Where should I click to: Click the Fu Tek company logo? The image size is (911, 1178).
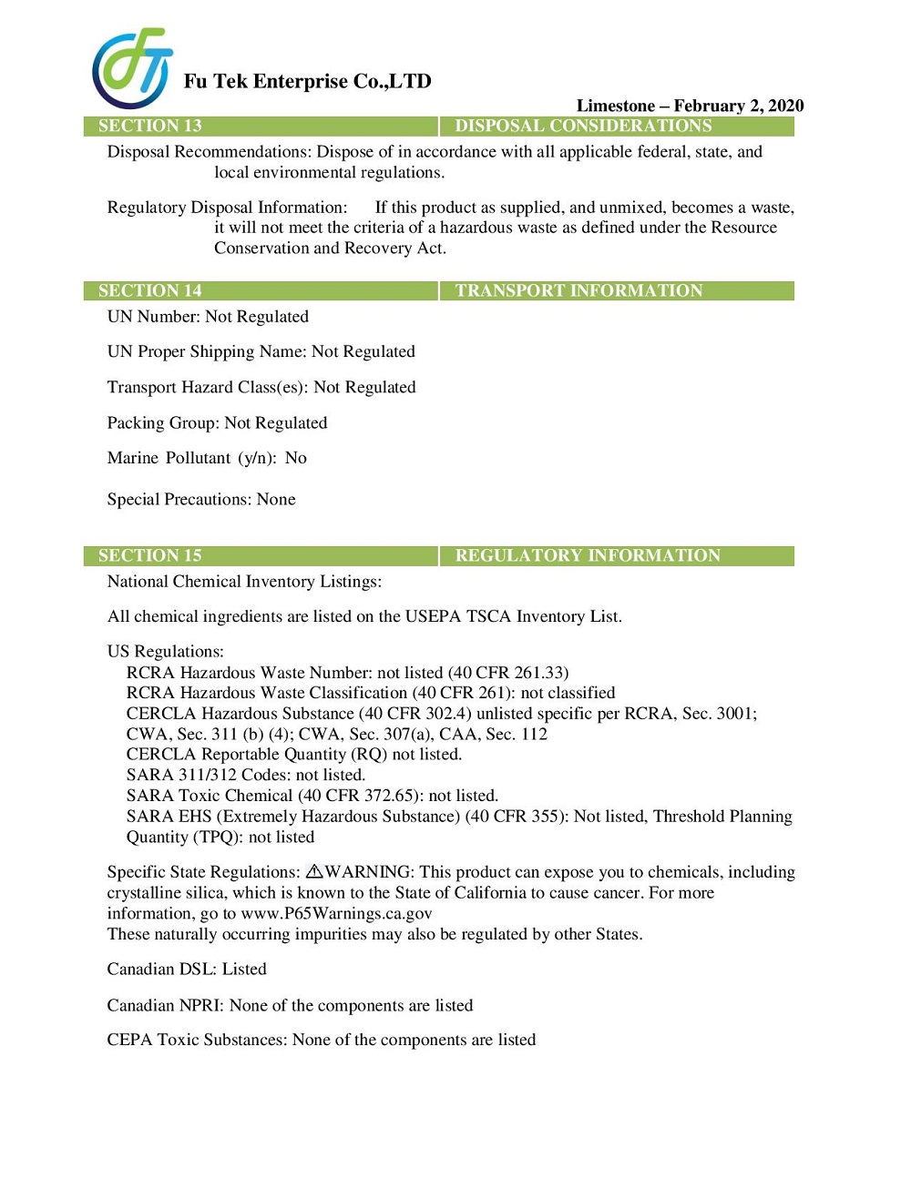132,68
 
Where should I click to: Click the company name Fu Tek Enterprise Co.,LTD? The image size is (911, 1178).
307,82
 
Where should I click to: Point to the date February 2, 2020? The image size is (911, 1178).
739,106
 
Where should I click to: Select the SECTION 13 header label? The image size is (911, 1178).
150,127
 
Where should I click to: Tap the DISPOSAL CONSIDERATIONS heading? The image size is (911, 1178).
583,127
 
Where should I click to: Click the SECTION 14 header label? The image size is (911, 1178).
150,291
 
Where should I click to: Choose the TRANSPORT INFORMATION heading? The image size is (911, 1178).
578,291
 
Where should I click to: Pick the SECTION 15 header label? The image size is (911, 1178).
150,556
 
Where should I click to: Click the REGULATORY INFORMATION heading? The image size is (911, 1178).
588,556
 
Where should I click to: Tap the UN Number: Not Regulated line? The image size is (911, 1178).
208,317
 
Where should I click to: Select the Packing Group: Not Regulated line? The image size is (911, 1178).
217,423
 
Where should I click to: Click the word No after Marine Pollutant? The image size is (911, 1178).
296,458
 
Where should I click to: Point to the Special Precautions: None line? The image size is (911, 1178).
201,500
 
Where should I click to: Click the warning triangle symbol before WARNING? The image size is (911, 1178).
314,872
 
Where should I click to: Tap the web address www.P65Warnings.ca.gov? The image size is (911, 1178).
336,913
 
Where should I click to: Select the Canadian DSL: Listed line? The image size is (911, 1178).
187,970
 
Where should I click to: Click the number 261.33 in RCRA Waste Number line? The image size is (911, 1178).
540,673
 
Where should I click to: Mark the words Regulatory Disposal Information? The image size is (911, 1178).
227,208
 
